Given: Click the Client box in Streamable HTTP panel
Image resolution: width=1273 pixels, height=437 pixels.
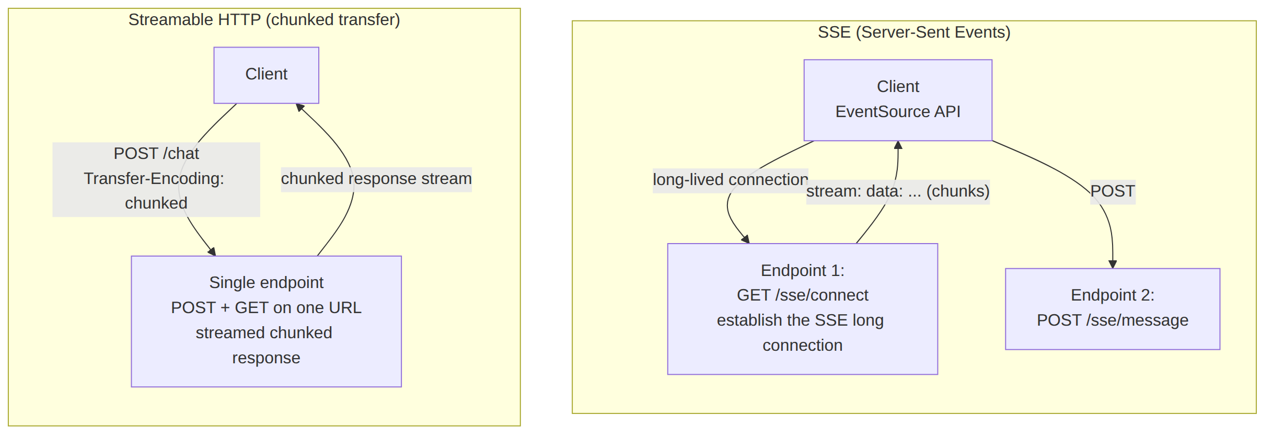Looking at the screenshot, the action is click(x=266, y=75).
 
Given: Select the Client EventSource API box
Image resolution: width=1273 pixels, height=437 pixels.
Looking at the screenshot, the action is click(x=898, y=100).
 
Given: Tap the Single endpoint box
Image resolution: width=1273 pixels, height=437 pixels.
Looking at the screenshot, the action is click(x=266, y=321).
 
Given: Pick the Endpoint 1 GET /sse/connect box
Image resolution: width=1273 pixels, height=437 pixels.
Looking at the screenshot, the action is click(x=802, y=308).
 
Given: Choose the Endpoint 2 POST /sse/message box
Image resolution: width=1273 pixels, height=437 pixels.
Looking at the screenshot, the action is click(x=1113, y=308).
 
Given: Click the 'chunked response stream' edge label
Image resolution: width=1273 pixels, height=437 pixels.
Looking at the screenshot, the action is click(x=376, y=179).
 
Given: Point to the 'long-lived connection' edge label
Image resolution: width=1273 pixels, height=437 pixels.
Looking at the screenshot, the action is click(x=730, y=180).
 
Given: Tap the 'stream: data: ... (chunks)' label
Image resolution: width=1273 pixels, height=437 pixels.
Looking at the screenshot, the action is click(x=898, y=192).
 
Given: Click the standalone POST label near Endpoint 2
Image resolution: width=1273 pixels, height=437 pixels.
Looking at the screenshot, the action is click(x=1113, y=192).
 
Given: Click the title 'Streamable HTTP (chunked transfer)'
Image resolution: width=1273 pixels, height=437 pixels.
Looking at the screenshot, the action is click(x=264, y=20).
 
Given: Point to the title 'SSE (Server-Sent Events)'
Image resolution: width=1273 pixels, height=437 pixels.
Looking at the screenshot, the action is click(x=914, y=32).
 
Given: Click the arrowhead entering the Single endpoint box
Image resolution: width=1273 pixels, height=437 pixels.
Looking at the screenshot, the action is click(x=212, y=252).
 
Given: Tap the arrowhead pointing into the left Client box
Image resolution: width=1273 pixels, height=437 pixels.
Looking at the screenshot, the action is click(x=299, y=107).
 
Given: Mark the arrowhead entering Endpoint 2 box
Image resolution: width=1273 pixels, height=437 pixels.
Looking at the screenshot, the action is click(x=1113, y=264).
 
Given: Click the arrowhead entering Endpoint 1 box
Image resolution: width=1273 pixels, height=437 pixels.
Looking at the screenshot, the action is click(x=746, y=239).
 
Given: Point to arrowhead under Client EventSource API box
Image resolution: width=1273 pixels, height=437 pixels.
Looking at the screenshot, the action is click(x=898, y=145).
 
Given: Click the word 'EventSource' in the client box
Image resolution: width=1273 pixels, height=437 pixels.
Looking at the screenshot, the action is click(x=883, y=112).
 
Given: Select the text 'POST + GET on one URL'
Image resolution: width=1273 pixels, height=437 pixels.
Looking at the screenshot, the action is click(x=266, y=308).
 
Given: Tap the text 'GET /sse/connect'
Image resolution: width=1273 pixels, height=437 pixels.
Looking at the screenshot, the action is click(x=802, y=295).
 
